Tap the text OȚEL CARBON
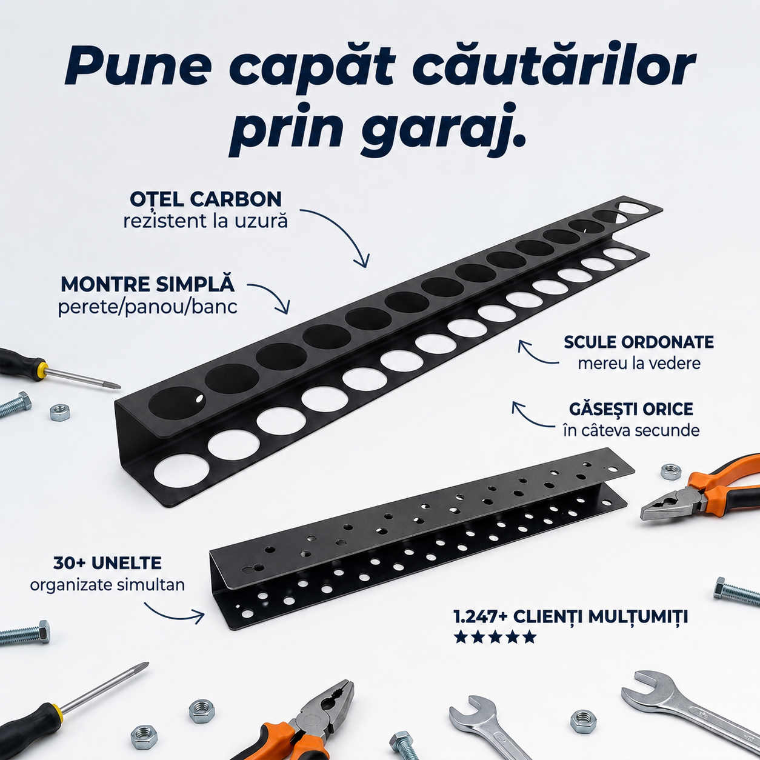(x=205, y=199)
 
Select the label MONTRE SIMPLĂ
(x=147, y=285)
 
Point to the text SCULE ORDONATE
(x=639, y=342)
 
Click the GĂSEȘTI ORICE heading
(x=631, y=409)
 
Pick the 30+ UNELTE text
(x=107, y=563)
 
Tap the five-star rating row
(x=495, y=638)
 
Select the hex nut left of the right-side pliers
(x=670, y=472)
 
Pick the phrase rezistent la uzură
(x=205, y=221)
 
